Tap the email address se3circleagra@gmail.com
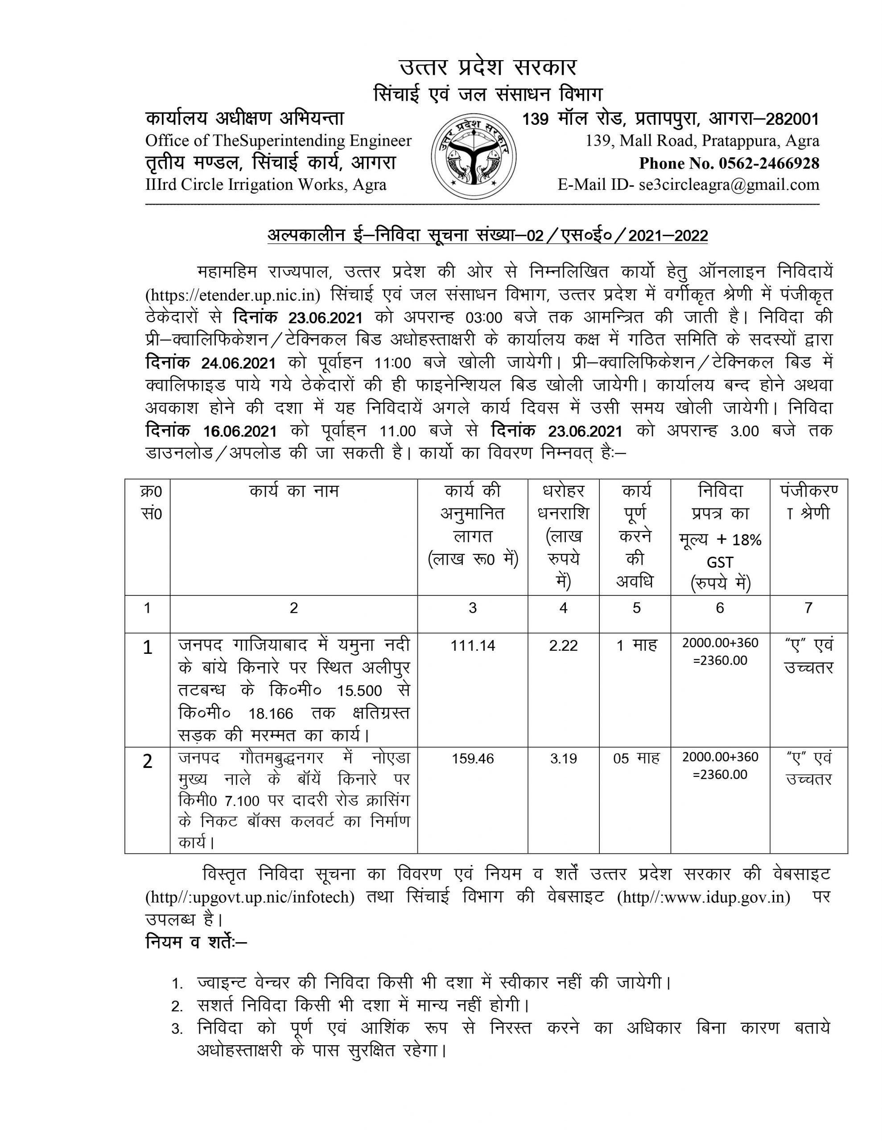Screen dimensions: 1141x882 point(729,185)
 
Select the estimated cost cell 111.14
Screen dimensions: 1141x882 point(473,646)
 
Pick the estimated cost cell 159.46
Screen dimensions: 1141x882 point(473,759)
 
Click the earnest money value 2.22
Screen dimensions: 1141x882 point(563,646)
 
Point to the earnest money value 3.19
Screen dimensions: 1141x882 point(563,759)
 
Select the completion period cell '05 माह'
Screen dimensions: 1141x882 point(636,759)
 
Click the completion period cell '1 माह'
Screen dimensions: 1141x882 point(636,646)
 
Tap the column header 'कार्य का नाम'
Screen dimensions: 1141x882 point(294,492)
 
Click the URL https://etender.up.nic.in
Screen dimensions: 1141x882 point(233,295)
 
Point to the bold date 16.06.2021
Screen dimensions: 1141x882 point(240,431)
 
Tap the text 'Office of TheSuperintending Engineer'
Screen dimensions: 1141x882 point(278,141)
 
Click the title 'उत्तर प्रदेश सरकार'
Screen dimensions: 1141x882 point(488,68)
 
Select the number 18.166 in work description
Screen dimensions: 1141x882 point(271,714)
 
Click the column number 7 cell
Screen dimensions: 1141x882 point(808,608)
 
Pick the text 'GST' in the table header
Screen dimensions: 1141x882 point(720,562)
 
